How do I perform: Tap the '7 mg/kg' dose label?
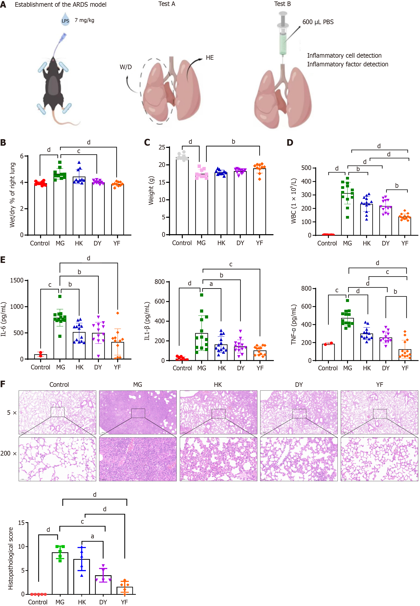click(84, 20)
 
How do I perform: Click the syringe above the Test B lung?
click(283, 33)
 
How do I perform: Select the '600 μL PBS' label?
click(318, 22)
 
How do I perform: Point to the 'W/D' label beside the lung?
click(126, 67)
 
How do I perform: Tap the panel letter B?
click(3, 143)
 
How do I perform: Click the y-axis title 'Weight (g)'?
click(151, 191)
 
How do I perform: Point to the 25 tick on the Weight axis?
click(162, 147)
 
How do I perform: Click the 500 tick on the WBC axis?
click(306, 168)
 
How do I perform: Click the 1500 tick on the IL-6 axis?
click(17, 280)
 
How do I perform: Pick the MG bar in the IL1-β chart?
click(202, 347)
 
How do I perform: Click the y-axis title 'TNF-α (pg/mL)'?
click(293, 325)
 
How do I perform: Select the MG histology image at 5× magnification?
click(138, 412)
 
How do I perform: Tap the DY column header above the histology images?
click(299, 384)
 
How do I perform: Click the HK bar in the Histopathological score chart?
click(81, 577)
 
